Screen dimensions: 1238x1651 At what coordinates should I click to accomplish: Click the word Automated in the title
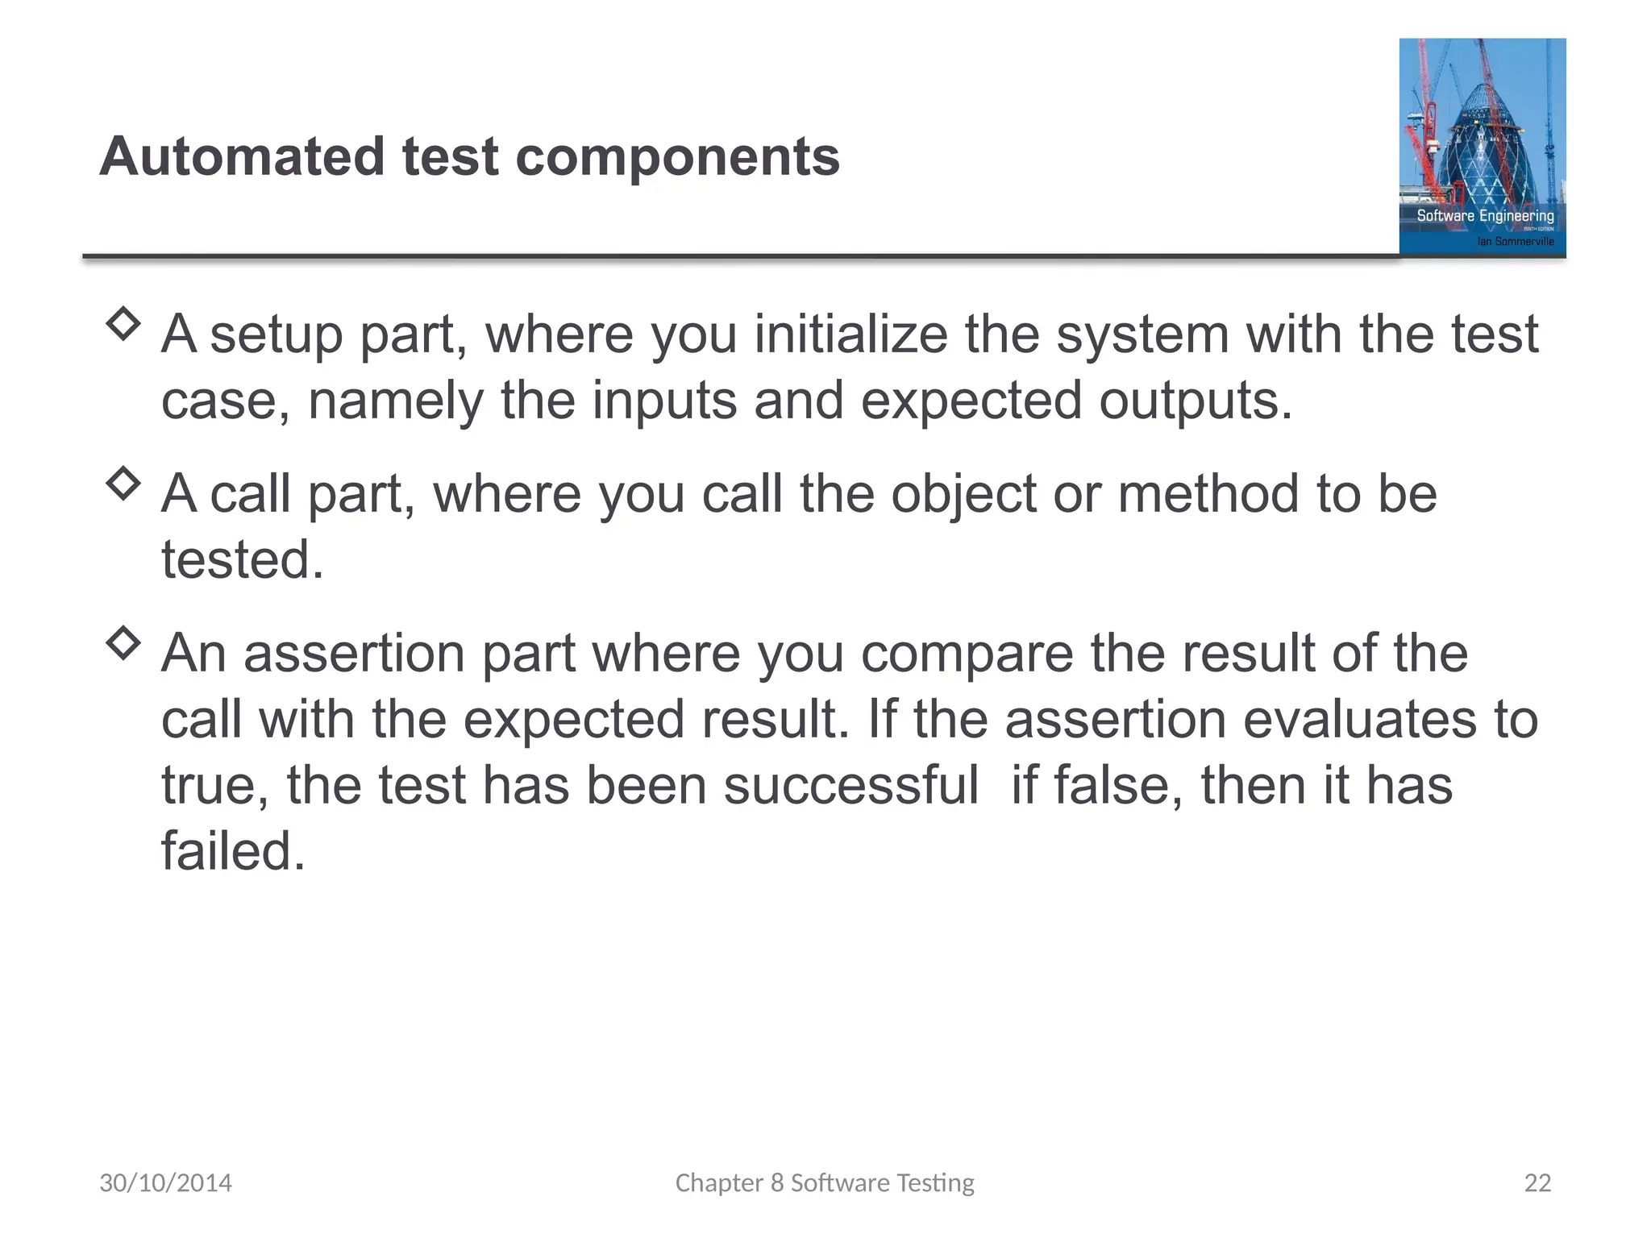tap(243, 156)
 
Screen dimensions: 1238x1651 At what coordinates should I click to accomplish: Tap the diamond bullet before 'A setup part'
tap(123, 324)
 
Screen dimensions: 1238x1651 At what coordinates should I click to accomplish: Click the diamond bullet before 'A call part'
tap(123, 484)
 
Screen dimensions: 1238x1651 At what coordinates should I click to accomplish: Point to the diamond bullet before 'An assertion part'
tap(123, 643)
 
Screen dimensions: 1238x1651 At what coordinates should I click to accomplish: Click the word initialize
tap(850, 334)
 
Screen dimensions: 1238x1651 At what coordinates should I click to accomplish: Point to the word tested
tap(242, 559)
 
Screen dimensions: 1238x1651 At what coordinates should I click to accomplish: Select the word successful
tap(850, 785)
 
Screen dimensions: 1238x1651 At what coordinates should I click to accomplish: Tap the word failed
tap(233, 851)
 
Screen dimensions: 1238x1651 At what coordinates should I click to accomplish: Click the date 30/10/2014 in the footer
tap(165, 1182)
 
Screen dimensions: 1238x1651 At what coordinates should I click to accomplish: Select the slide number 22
tap(1537, 1182)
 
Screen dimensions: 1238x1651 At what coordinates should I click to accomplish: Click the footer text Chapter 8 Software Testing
tap(825, 1182)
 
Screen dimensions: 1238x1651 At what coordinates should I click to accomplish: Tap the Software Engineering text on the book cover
tap(1485, 215)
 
